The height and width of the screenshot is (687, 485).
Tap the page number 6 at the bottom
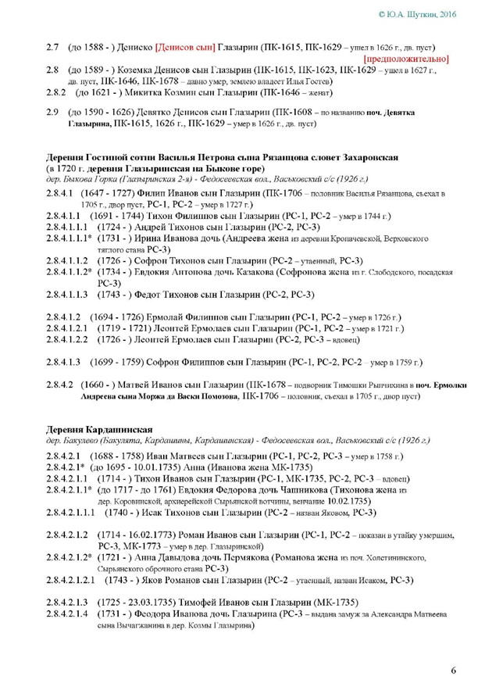pyautogui.click(x=454, y=670)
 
